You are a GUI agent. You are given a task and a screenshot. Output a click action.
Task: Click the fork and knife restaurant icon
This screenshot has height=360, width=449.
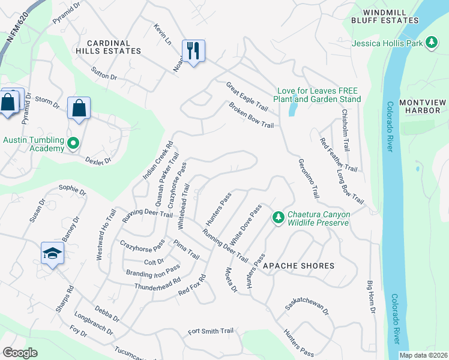click(x=193, y=51)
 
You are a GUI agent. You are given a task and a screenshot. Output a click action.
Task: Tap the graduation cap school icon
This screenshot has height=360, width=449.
click(x=53, y=254)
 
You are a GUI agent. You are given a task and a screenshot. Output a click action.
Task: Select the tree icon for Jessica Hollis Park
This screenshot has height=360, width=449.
click(x=431, y=42)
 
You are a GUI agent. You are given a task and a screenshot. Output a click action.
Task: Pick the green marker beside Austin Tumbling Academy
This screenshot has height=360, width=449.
click(x=73, y=143)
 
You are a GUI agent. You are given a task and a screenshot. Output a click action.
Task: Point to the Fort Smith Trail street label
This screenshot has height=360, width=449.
click(x=210, y=331)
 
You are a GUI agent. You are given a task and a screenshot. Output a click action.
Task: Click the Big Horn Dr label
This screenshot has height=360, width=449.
click(x=371, y=296)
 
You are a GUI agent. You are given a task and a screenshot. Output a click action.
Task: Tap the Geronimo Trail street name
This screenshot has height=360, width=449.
click(x=309, y=179)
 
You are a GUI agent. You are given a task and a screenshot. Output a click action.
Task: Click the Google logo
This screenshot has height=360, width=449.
click(x=19, y=353)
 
